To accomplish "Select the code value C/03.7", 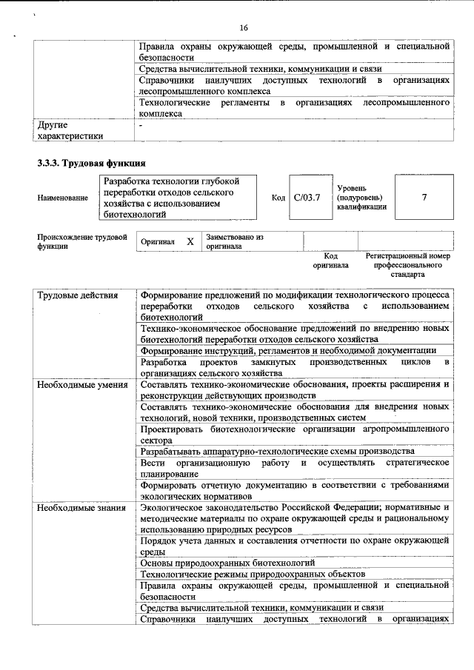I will click(x=306, y=197).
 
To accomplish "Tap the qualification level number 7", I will click(x=424, y=197).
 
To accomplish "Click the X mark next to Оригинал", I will click(x=190, y=241).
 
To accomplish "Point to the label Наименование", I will click(x=62, y=198).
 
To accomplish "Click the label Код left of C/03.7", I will click(x=278, y=198).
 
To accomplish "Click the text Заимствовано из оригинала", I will click(x=235, y=241).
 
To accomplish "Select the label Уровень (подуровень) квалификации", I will click(x=361, y=198).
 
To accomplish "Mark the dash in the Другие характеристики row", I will click(x=141, y=126).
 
